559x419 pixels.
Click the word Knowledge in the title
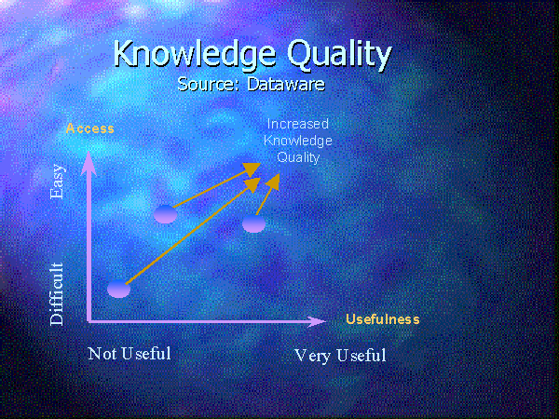click(195, 54)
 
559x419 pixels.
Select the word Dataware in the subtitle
click(286, 84)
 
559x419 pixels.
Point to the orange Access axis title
click(90, 128)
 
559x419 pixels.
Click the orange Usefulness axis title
click(383, 319)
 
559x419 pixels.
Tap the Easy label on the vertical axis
click(57, 182)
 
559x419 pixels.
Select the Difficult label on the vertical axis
click(57, 294)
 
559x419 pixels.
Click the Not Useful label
click(130, 354)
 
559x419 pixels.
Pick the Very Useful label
click(340, 356)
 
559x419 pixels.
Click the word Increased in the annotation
click(298, 124)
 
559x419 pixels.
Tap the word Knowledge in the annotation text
click(298, 141)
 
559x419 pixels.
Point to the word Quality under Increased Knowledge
click(298, 157)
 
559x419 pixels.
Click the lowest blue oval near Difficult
click(118, 289)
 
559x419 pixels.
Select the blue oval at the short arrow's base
click(253, 223)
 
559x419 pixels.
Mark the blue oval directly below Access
click(166, 214)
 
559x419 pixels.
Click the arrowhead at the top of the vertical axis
click(89, 163)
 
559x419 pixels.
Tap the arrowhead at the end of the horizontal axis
click(317, 322)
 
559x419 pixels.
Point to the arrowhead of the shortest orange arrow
click(273, 181)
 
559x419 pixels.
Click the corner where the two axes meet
click(89, 321)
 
